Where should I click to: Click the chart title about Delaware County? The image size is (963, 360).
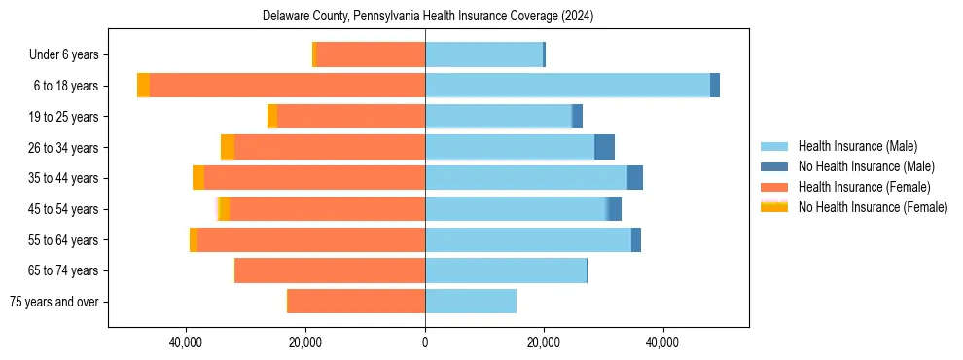pyautogui.click(x=428, y=16)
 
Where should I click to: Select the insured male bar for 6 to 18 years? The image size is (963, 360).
pyautogui.click(x=567, y=86)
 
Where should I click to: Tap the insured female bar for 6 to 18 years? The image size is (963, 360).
pyautogui.click(x=287, y=86)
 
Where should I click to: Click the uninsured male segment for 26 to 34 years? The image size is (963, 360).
pyautogui.click(x=604, y=147)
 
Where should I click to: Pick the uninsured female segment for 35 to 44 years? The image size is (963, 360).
pyautogui.click(x=198, y=178)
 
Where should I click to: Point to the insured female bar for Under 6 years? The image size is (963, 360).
pyautogui.click(x=371, y=54)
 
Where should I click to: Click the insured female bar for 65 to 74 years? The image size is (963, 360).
pyautogui.click(x=330, y=270)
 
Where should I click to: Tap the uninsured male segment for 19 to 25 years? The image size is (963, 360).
pyautogui.click(x=577, y=117)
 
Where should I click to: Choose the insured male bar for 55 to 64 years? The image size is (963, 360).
pyautogui.click(x=528, y=239)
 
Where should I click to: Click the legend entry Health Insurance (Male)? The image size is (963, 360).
pyautogui.click(x=857, y=146)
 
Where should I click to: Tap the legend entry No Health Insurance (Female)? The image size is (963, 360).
pyautogui.click(x=873, y=207)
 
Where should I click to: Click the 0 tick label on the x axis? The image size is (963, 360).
pyautogui.click(x=425, y=342)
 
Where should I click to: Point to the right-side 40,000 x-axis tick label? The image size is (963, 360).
pyautogui.click(x=662, y=342)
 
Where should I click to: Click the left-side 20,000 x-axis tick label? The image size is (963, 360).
pyautogui.click(x=305, y=342)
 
